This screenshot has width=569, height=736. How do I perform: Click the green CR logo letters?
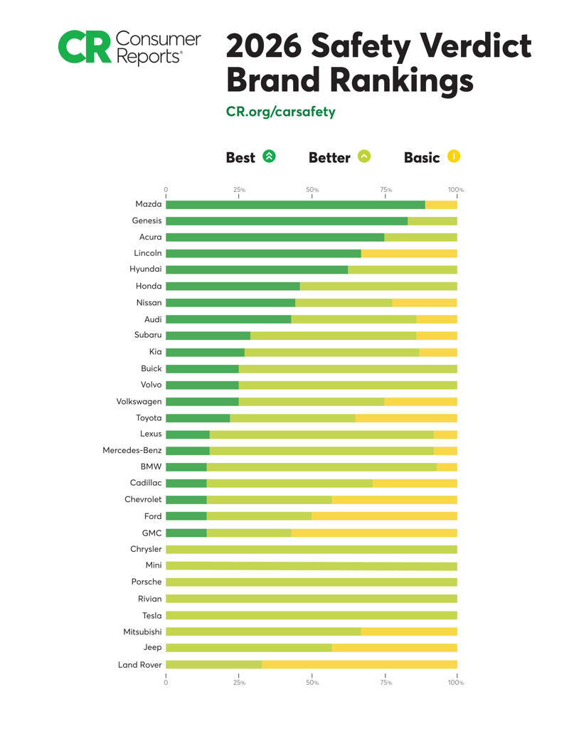(x=85, y=47)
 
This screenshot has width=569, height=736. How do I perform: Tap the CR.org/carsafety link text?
(x=280, y=112)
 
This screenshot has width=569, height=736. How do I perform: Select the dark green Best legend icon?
(x=269, y=156)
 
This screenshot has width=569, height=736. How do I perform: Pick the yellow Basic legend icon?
(x=454, y=156)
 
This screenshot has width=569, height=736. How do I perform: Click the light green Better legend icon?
(x=364, y=156)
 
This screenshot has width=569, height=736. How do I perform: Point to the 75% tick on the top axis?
(x=385, y=190)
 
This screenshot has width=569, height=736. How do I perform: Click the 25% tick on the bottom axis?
(x=239, y=682)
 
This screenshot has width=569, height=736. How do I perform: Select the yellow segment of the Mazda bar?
(x=441, y=205)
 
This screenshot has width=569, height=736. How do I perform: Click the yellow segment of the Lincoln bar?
(x=409, y=253)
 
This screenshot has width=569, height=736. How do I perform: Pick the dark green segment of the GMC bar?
(x=186, y=533)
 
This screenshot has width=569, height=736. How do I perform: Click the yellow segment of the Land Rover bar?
(x=359, y=664)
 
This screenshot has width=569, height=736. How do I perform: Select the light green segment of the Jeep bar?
(x=249, y=648)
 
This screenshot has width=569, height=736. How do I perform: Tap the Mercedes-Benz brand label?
(x=132, y=450)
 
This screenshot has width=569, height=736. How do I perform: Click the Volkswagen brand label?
(x=139, y=401)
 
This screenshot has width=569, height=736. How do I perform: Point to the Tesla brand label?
(x=151, y=615)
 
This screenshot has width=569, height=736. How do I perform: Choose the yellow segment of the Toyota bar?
(x=406, y=417)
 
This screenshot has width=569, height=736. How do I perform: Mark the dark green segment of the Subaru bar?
(x=208, y=336)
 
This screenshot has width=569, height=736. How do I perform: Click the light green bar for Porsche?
(x=311, y=582)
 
